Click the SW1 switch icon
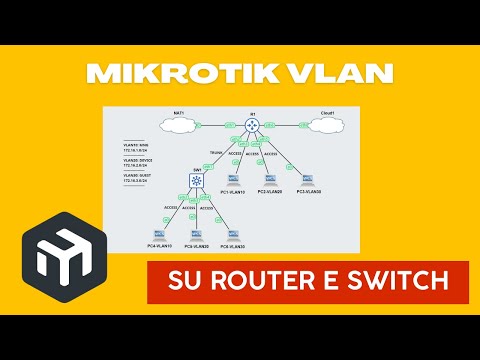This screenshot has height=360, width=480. [197, 182]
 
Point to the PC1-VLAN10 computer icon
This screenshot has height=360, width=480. [234, 180]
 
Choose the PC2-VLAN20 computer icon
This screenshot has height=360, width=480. [270, 180]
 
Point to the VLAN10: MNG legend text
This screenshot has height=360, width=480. [135, 146]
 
